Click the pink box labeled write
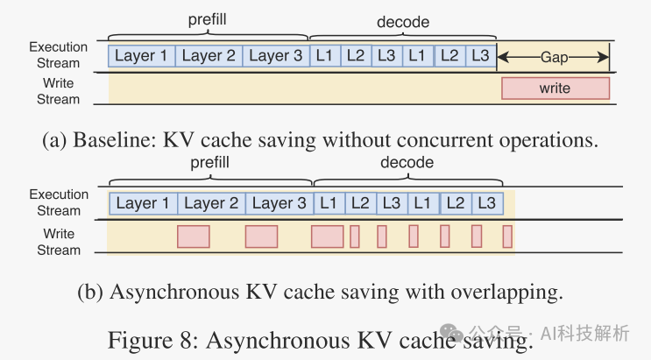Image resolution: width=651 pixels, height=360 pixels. [x=555, y=88]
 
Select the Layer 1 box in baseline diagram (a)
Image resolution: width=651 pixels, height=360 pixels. [x=141, y=56]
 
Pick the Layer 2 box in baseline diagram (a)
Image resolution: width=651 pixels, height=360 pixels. [x=209, y=56]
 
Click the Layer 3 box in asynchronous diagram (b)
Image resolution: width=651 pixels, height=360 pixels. [x=280, y=203]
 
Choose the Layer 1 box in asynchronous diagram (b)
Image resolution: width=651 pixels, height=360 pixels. [x=143, y=203]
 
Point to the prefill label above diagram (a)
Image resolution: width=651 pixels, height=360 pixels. [x=208, y=18]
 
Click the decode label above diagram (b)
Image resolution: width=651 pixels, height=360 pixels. [x=407, y=163]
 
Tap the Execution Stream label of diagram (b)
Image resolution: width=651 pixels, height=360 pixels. [x=59, y=202]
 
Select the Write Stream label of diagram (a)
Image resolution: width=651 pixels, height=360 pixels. [x=59, y=91]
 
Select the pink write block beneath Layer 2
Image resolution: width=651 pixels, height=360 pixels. [x=194, y=236]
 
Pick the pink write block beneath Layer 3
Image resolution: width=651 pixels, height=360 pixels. [x=261, y=236]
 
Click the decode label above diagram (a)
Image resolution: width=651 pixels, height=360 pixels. [x=402, y=18]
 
